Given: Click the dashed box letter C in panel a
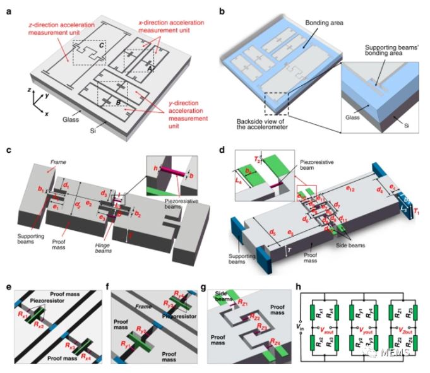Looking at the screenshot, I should coord(102,47).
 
